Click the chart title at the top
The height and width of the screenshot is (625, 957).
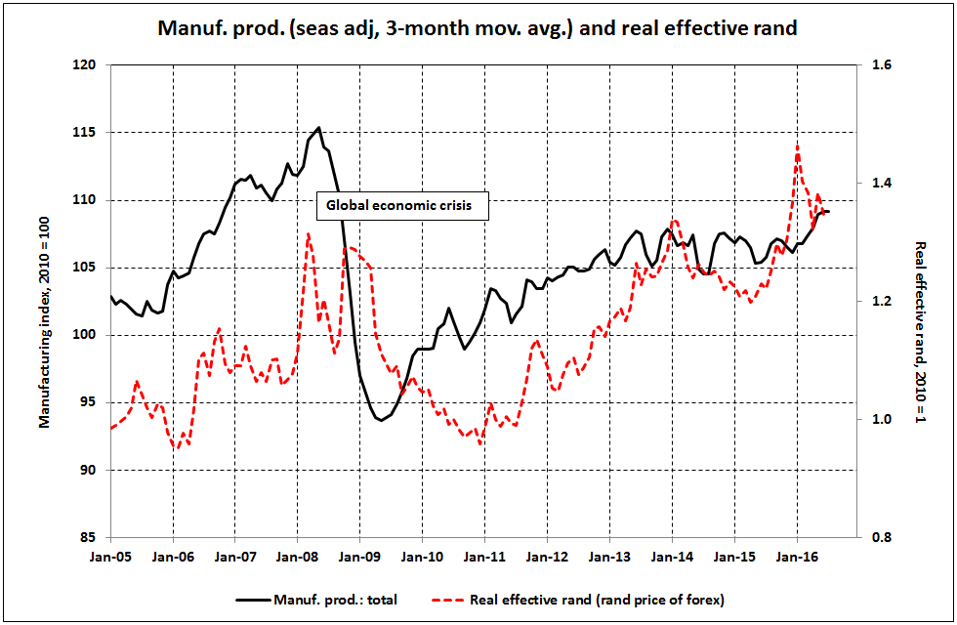[478, 28]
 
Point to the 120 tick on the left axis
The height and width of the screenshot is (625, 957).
[91, 65]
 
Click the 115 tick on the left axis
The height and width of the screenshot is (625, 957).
[91, 133]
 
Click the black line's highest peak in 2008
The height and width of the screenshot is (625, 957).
[319, 128]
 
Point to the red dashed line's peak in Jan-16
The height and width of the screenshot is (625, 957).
[798, 146]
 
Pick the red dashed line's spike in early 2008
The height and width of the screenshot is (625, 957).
[309, 233]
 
